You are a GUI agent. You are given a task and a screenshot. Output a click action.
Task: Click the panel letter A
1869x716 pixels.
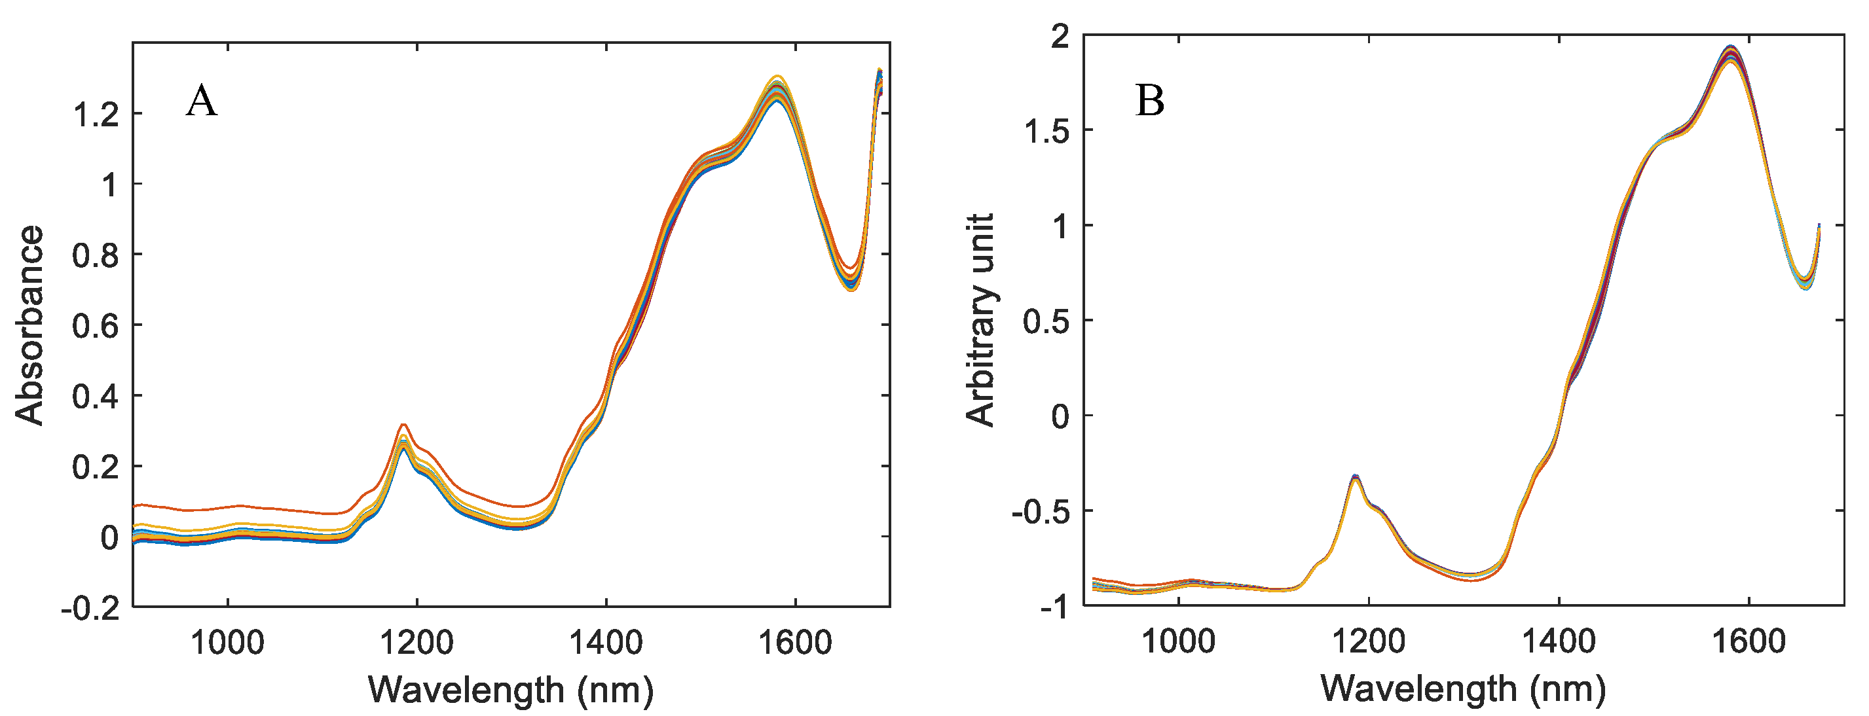click(201, 101)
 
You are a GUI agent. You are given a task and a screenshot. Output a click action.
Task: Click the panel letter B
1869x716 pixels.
click(1150, 101)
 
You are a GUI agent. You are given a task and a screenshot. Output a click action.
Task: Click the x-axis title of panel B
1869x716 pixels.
click(1463, 687)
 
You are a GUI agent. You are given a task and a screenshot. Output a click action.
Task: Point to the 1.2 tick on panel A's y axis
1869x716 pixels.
click(96, 114)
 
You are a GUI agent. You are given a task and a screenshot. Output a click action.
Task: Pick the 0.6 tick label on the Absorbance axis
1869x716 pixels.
click(96, 326)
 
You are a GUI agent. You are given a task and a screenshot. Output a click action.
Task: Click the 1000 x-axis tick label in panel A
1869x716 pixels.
click(227, 642)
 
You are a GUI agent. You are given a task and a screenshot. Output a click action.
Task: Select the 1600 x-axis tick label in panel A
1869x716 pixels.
click(794, 642)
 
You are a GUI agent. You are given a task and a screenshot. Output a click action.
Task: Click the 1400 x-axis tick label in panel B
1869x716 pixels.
click(1558, 641)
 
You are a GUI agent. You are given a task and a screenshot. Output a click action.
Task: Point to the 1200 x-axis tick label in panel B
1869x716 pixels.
click(1369, 641)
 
